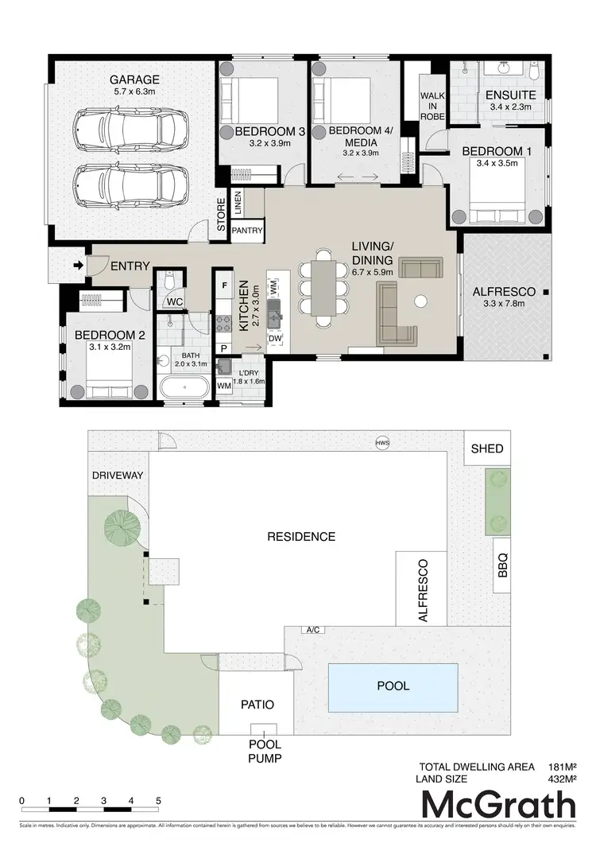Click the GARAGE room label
pos(134,80)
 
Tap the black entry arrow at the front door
pos(78,266)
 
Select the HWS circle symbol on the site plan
pos(382,443)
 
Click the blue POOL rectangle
pos(393,686)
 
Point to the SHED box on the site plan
pos(487,449)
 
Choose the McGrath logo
pos(498,804)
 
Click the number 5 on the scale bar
pos(158,800)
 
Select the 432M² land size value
pos(561,779)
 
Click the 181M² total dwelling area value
pos(561,767)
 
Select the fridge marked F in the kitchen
pos(225,285)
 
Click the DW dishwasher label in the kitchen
pos(275,338)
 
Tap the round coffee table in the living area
pos(420,301)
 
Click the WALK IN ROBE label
pos(432,106)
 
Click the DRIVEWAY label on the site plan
pos(117,475)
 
